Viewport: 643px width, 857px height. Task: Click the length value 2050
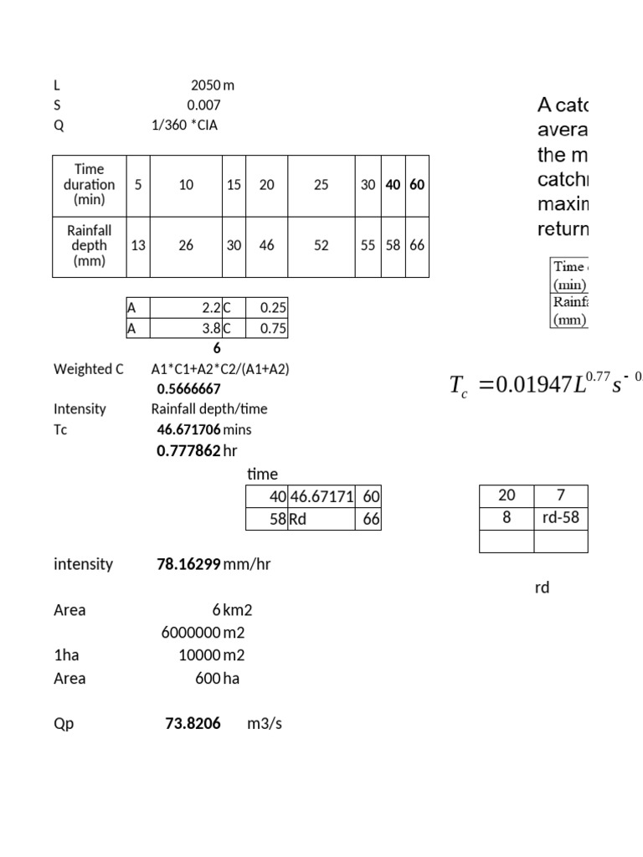click(x=206, y=85)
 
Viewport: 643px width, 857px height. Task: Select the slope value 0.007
click(x=203, y=105)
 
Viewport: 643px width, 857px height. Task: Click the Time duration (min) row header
click(x=90, y=185)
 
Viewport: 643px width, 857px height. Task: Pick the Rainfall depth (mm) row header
click(x=90, y=245)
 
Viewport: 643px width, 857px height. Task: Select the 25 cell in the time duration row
click(x=321, y=185)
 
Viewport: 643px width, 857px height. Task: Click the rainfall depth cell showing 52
click(x=321, y=245)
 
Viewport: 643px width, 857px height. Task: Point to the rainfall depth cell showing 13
click(x=138, y=245)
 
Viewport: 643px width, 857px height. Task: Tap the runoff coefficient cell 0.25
click(x=273, y=307)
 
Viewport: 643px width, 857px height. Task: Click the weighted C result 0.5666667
click(x=189, y=388)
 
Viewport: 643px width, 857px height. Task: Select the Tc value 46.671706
click(x=189, y=429)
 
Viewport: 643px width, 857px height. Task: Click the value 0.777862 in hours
click(x=189, y=450)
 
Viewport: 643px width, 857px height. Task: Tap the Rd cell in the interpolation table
click(x=298, y=519)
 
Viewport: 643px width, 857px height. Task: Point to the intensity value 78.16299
click(x=189, y=564)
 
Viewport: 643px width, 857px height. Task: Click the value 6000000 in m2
click(x=191, y=633)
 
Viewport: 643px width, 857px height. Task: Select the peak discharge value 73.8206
click(x=193, y=723)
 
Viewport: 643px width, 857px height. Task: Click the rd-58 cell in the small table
click(x=560, y=517)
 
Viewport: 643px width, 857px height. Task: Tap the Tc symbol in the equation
click(x=459, y=386)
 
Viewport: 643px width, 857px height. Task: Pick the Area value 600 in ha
click(x=208, y=678)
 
